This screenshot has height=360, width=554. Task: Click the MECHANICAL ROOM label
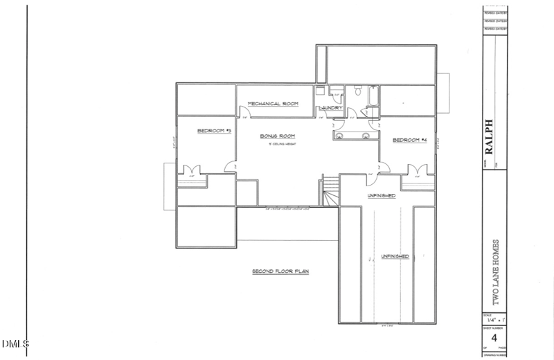(273, 104)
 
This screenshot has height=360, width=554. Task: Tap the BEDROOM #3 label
(213, 131)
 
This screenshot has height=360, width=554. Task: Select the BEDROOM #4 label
(409, 141)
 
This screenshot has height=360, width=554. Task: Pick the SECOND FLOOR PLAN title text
(280, 271)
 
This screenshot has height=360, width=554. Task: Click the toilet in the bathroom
(357, 91)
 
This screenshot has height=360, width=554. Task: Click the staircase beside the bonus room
(330, 191)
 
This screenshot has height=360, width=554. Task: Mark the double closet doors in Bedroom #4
(417, 170)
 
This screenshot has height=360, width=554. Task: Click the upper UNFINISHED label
(381, 196)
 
